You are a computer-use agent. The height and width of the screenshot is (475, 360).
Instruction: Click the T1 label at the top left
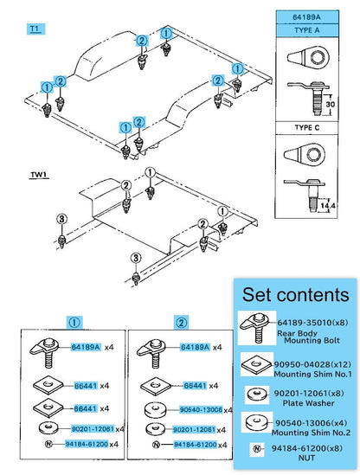[35, 29]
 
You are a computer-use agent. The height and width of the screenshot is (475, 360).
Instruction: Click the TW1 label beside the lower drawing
[39, 175]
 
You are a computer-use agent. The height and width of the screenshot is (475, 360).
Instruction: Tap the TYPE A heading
[307, 30]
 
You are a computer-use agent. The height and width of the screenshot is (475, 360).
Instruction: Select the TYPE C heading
[307, 127]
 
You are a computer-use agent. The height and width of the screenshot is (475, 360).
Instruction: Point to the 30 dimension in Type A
[330, 104]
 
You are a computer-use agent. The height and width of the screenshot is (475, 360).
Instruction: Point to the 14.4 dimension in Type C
[328, 206]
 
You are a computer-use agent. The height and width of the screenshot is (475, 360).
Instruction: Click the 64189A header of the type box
[306, 17]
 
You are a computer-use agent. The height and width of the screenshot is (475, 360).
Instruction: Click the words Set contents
[295, 294]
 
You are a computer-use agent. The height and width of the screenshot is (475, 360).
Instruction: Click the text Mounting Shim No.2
[311, 433]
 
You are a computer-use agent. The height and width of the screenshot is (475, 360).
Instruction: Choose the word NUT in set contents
[306, 458]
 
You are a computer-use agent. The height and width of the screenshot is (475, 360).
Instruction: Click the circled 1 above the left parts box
[74, 323]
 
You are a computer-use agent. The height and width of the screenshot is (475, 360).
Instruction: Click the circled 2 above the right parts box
[181, 323]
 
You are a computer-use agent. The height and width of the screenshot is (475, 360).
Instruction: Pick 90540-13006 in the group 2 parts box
[201, 409]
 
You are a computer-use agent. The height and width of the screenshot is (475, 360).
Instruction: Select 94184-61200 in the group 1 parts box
[87, 444]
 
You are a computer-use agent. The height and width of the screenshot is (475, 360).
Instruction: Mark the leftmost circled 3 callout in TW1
[61, 219]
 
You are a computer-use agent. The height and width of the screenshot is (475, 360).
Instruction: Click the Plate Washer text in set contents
[308, 403]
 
